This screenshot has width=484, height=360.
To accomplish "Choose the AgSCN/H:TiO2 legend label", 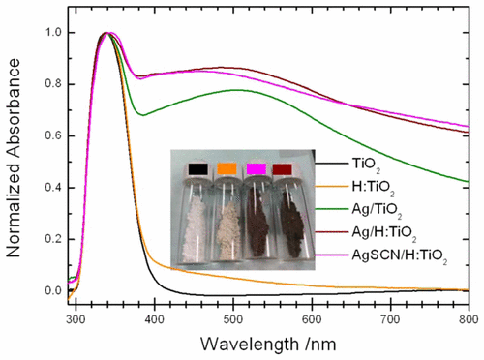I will click(418, 253).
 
